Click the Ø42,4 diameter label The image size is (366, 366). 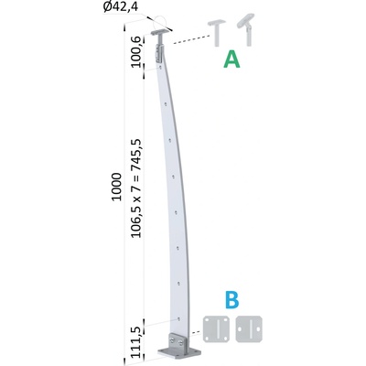click(x=120, y=7)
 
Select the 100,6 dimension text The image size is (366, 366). click(x=136, y=51)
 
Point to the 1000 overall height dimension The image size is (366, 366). click(x=116, y=187)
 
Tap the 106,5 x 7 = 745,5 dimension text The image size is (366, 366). click(x=136, y=188)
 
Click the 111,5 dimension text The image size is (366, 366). click(x=136, y=343)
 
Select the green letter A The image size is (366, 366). click(x=231, y=59)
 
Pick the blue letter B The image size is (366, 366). click(x=231, y=299)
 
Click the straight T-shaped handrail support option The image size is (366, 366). click(x=217, y=33)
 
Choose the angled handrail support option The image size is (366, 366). click(x=246, y=30)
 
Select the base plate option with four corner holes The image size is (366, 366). click(x=216, y=329)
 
